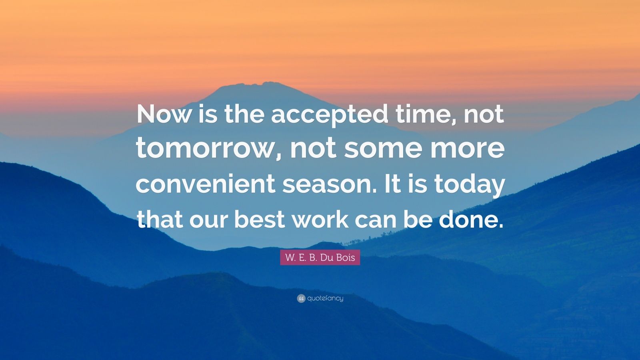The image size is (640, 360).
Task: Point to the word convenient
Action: click(x=206, y=184)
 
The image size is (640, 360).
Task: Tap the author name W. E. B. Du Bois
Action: click(x=320, y=258)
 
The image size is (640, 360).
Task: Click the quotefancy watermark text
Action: click(x=326, y=298)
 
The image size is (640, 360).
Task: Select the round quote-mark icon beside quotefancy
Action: click(x=301, y=298)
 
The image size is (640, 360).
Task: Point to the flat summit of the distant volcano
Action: click(x=252, y=84)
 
